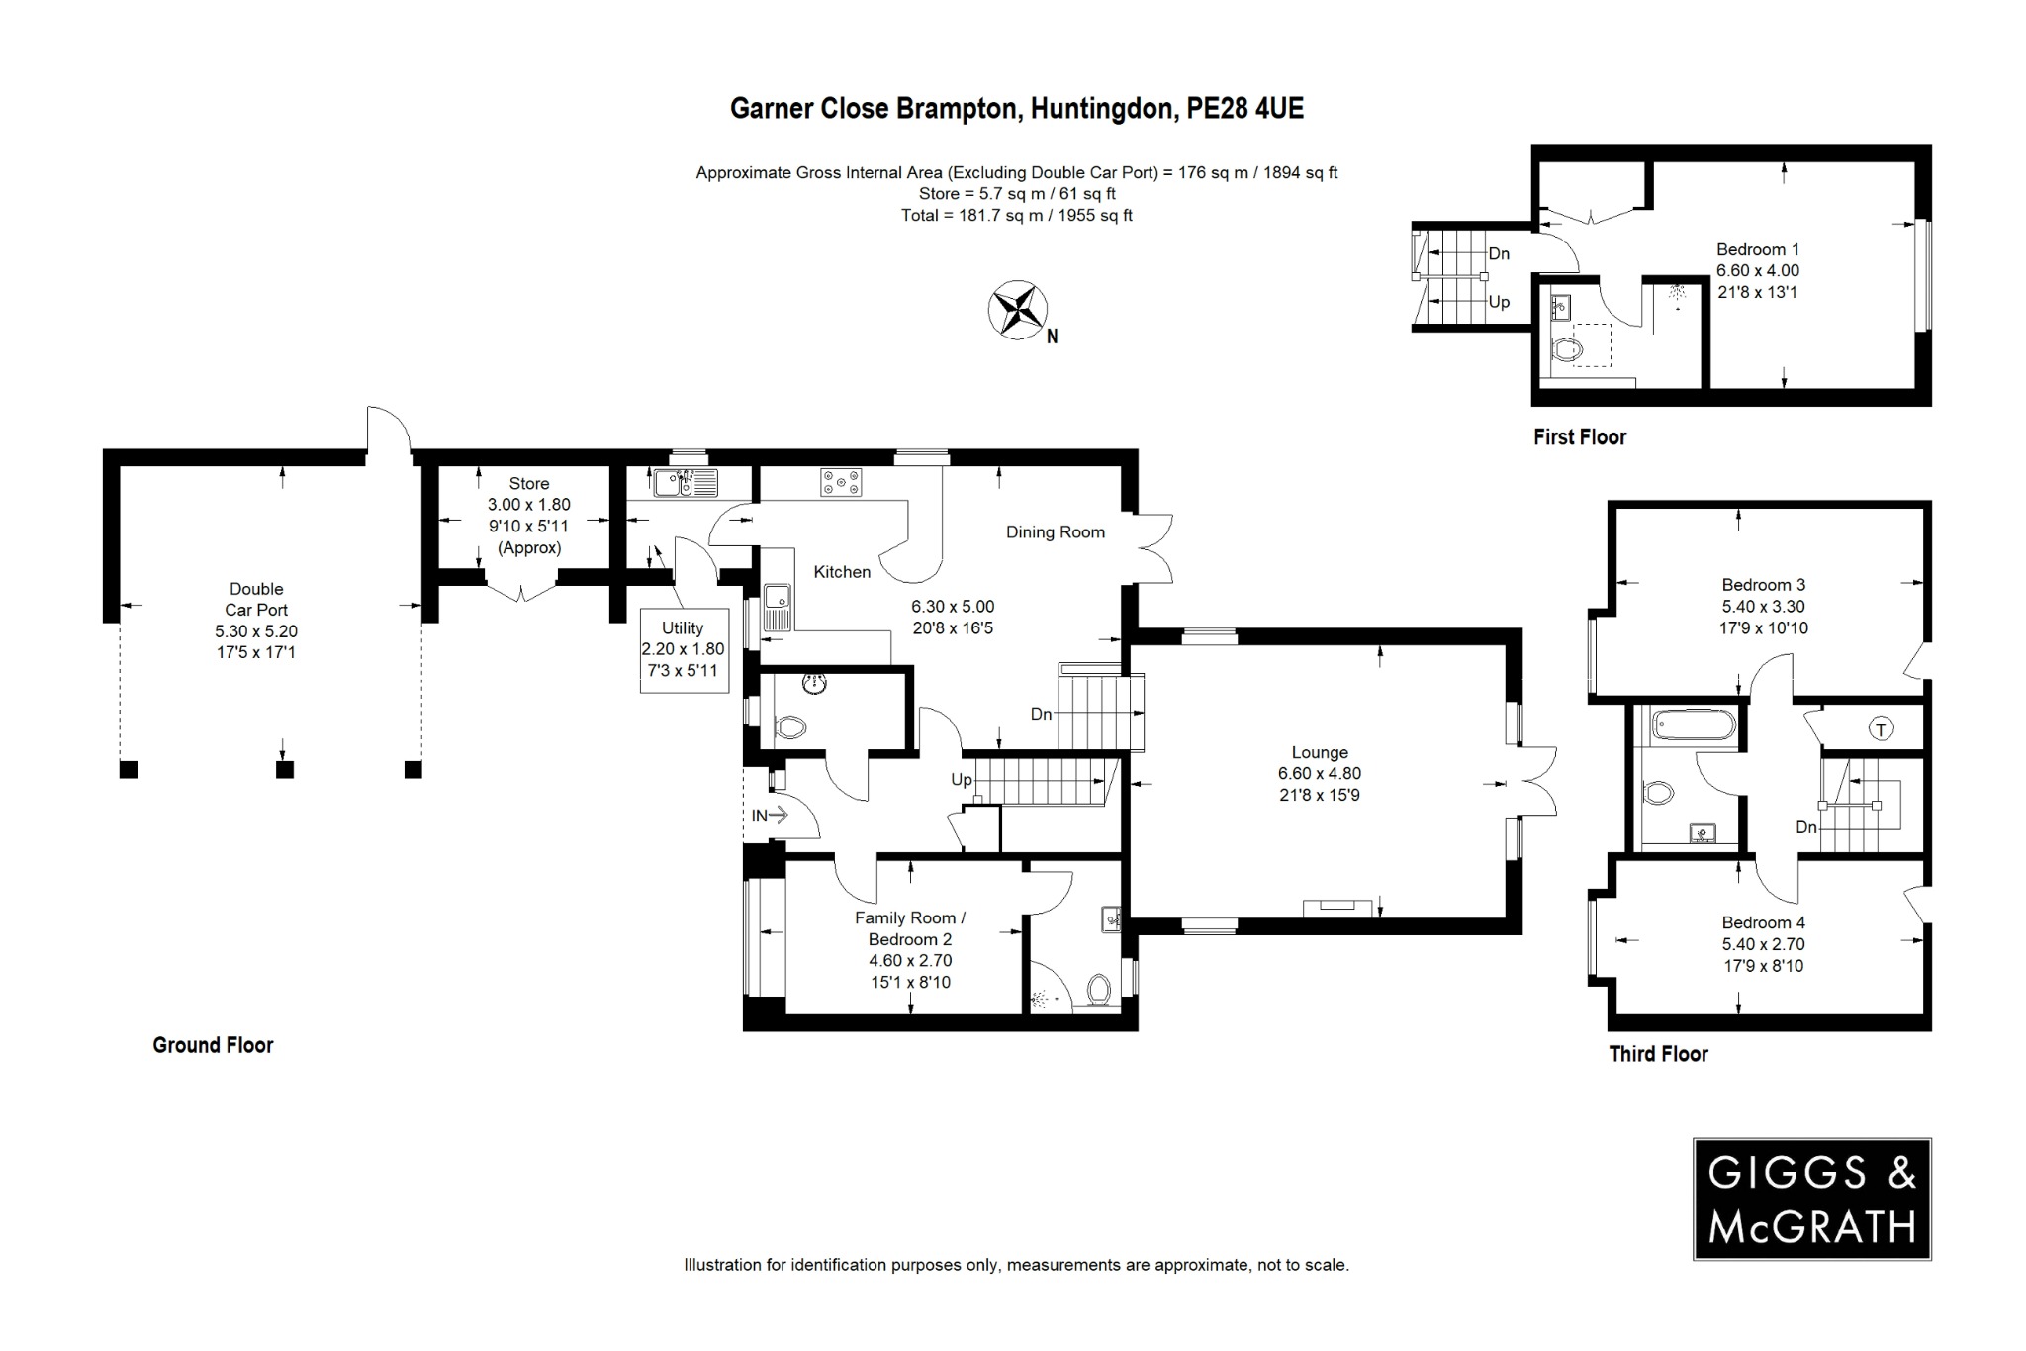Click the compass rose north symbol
(1018, 310)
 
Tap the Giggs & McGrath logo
(1811, 1199)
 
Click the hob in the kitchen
(841, 482)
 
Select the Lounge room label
(1319, 752)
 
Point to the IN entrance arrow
(770, 816)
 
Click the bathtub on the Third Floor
(1694, 726)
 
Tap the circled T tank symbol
(1881, 729)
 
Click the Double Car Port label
(256, 599)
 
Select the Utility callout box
(684, 649)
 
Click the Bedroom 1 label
(1757, 249)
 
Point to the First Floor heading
(1579, 436)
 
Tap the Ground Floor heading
(213, 1045)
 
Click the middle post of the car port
(285, 769)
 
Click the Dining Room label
(1055, 531)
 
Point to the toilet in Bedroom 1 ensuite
(1567, 348)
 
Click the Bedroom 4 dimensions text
(1763, 954)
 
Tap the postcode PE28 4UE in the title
(1244, 108)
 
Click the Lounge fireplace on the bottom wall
(1336, 906)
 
